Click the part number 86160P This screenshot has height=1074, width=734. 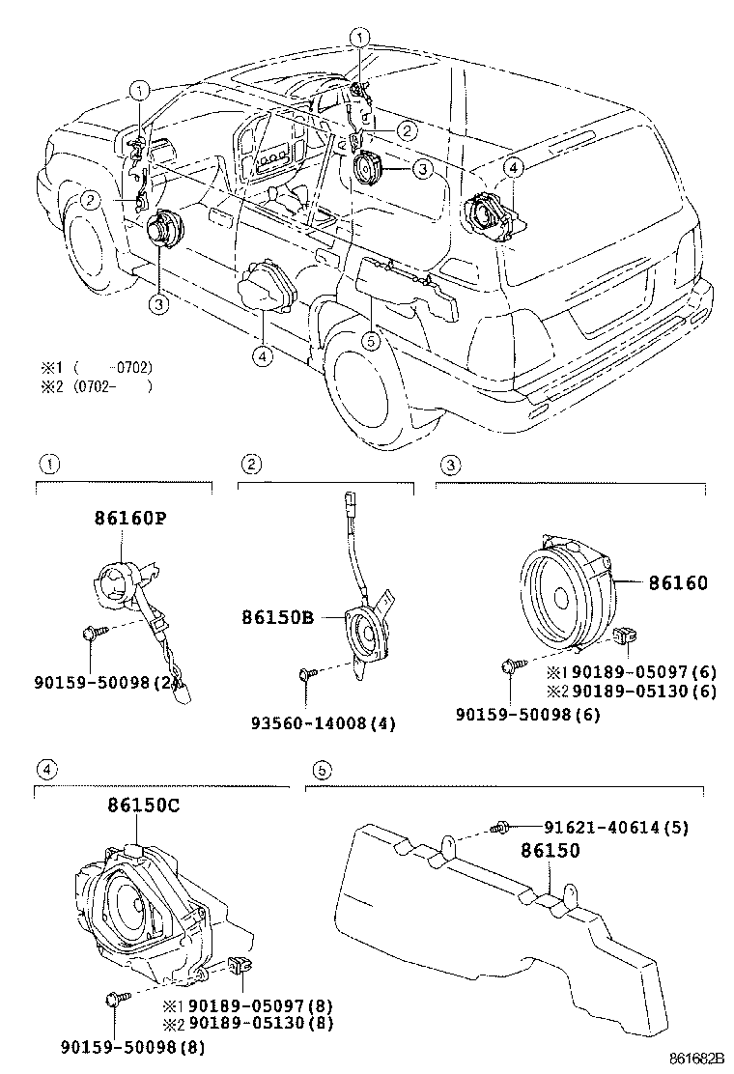[x=130, y=519]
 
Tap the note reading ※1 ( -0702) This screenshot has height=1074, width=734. [x=97, y=368]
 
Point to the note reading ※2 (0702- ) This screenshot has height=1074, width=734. [x=97, y=387]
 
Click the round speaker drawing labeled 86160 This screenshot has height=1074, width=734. [x=565, y=600]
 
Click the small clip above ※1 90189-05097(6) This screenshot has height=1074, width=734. [x=622, y=636]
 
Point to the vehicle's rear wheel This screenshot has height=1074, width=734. [x=375, y=389]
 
